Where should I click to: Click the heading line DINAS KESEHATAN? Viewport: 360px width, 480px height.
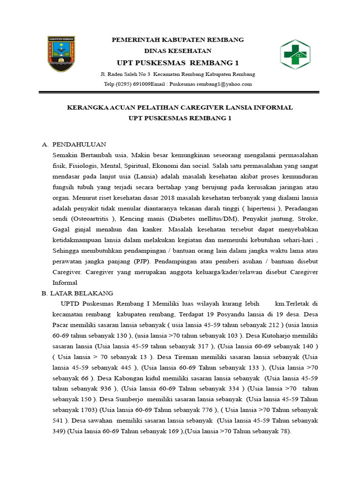[177, 51]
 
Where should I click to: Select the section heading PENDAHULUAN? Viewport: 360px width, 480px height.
[79, 144]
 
